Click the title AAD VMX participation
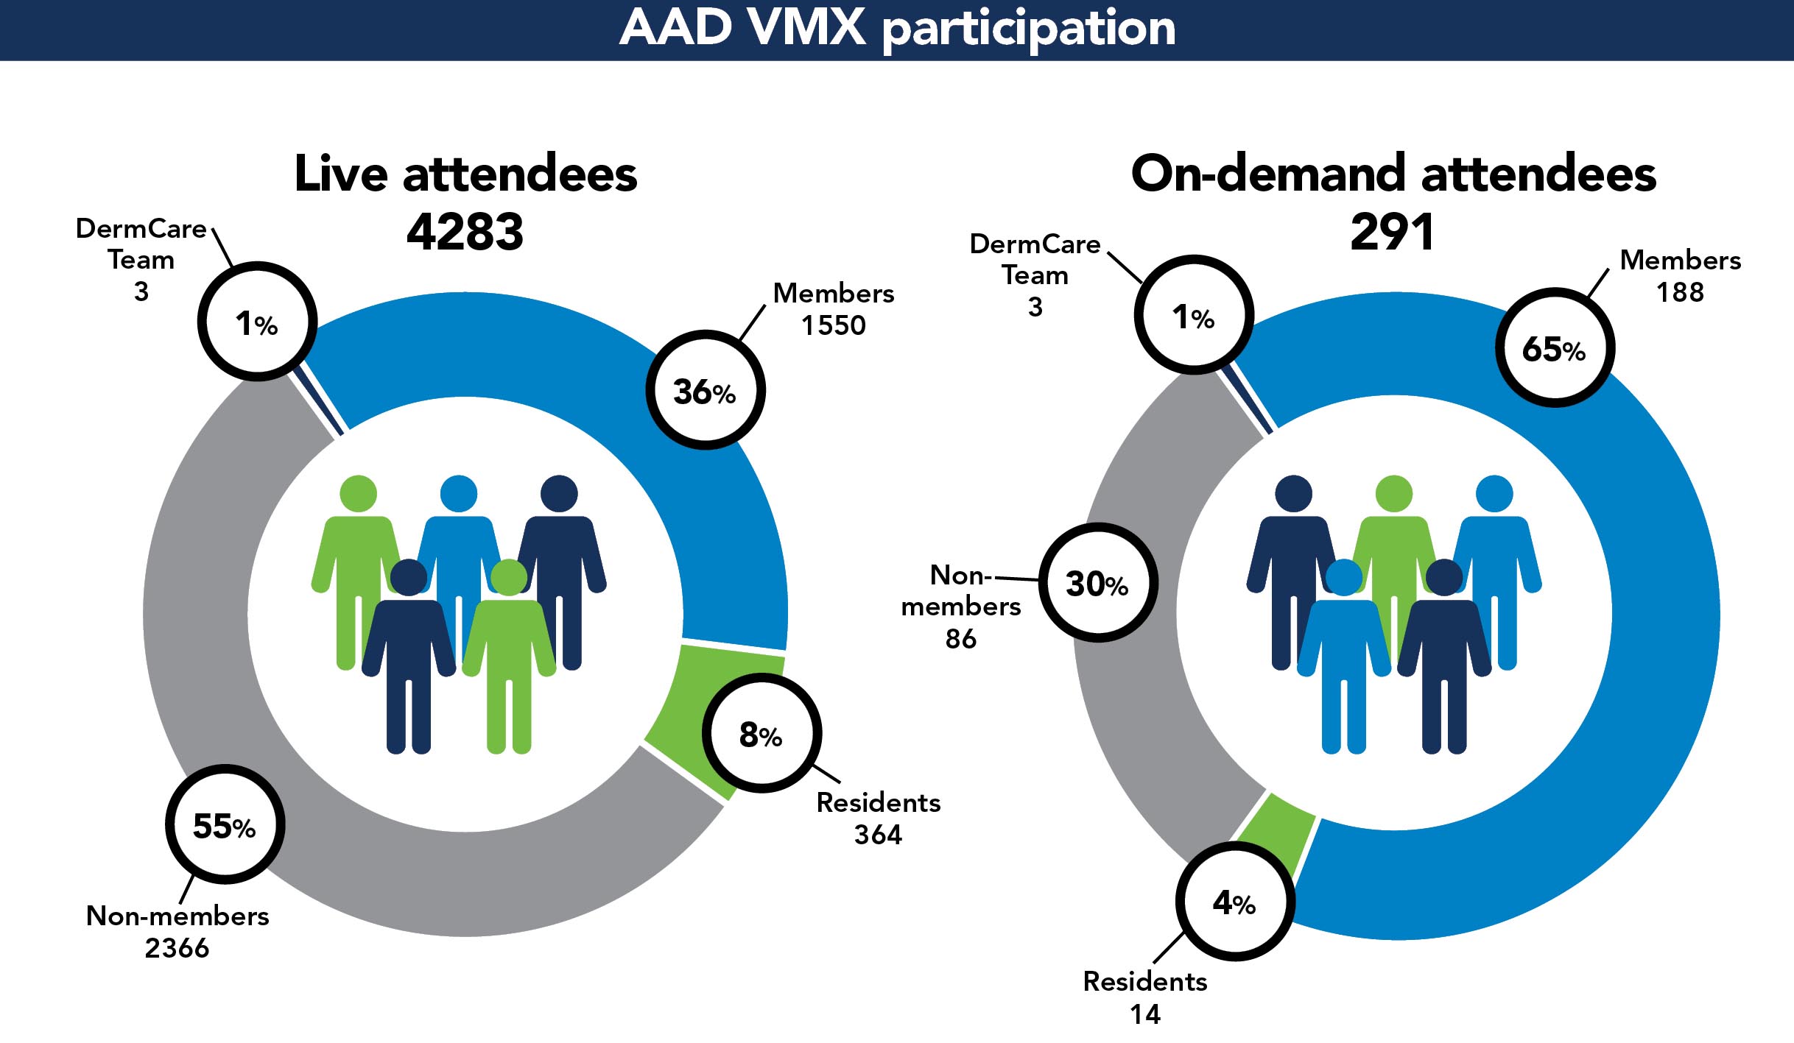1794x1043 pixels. [x=897, y=28]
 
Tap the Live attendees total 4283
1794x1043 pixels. [x=465, y=232]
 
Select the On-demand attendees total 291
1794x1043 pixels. [x=1392, y=232]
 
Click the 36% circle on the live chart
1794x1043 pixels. [x=705, y=390]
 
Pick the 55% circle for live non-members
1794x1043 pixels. [x=225, y=824]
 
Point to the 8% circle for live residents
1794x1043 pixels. [x=761, y=734]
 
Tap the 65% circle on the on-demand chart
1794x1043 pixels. [x=1554, y=348]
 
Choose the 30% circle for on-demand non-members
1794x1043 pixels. [x=1097, y=583]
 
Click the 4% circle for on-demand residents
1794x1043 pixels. [x=1234, y=902]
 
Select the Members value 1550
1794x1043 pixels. [x=833, y=325]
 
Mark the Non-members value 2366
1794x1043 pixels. [x=177, y=948]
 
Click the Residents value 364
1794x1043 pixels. [x=878, y=835]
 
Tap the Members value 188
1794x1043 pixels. [x=1680, y=292]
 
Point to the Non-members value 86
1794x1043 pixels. [x=960, y=638]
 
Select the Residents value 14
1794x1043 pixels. [x=1145, y=1014]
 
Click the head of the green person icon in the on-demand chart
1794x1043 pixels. [x=1393, y=493]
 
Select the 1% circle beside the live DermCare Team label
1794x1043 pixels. [x=257, y=322]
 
